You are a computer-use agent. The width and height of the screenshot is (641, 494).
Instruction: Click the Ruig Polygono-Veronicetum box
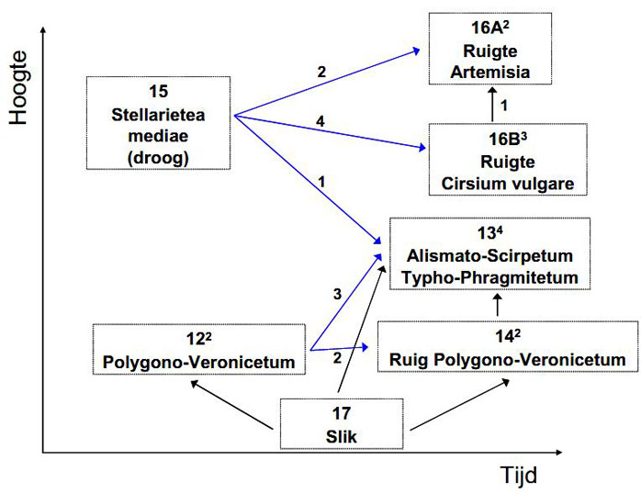tap(508, 346)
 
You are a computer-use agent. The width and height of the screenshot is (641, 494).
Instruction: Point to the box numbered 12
tap(199, 349)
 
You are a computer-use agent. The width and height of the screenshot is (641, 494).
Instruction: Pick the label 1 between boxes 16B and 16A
tap(503, 106)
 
